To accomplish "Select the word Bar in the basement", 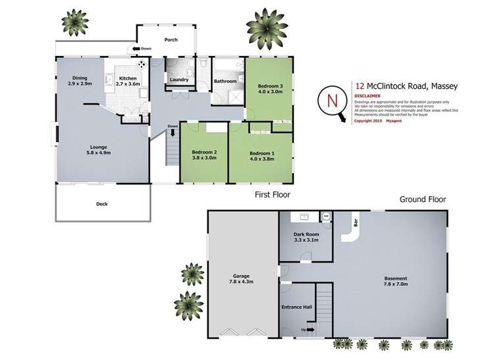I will click(356, 223).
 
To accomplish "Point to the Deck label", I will click(101, 204).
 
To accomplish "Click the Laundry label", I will click(179, 81).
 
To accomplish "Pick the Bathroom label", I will click(225, 82).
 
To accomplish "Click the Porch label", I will click(171, 39).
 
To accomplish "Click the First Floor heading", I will click(273, 195).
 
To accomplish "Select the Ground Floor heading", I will click(423, 199).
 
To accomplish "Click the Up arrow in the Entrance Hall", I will click(308, 329).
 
